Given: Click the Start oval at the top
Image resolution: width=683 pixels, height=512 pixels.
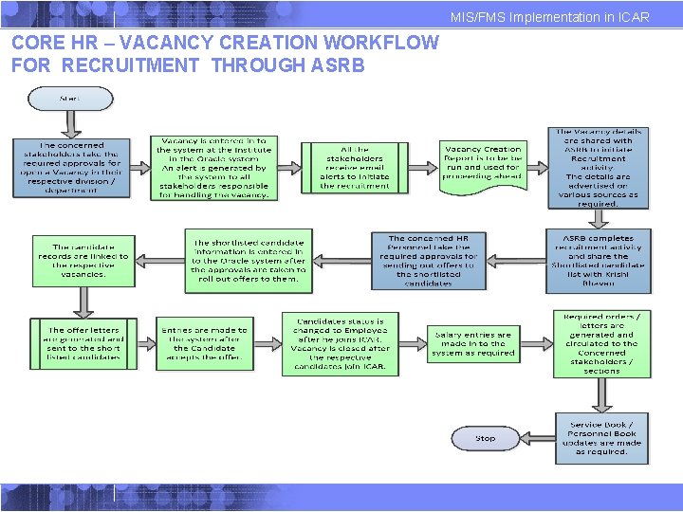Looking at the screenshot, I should pyautogui.click(x=70, y=99).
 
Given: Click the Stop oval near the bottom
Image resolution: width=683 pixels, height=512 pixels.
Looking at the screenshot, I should pyautogui.click(x=486, y=438).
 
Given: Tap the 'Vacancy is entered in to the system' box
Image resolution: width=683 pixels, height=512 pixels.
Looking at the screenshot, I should pyautogui.click(x=212, y=167).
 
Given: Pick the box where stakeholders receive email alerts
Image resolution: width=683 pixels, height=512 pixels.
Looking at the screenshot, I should pyautogui.click(x=354, y=167).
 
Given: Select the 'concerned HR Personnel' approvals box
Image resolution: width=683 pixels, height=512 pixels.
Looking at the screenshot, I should pyautogui.click(x=428, y=260).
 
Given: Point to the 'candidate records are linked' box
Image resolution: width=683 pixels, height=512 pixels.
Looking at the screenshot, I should pyautogui.click(x=83, y=260).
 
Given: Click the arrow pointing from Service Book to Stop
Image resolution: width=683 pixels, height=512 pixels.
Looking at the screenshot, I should pyautogui.click(x=537, y=438).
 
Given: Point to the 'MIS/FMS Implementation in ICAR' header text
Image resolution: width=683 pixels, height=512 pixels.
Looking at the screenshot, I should pyautogui.click(x=550, y=17).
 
